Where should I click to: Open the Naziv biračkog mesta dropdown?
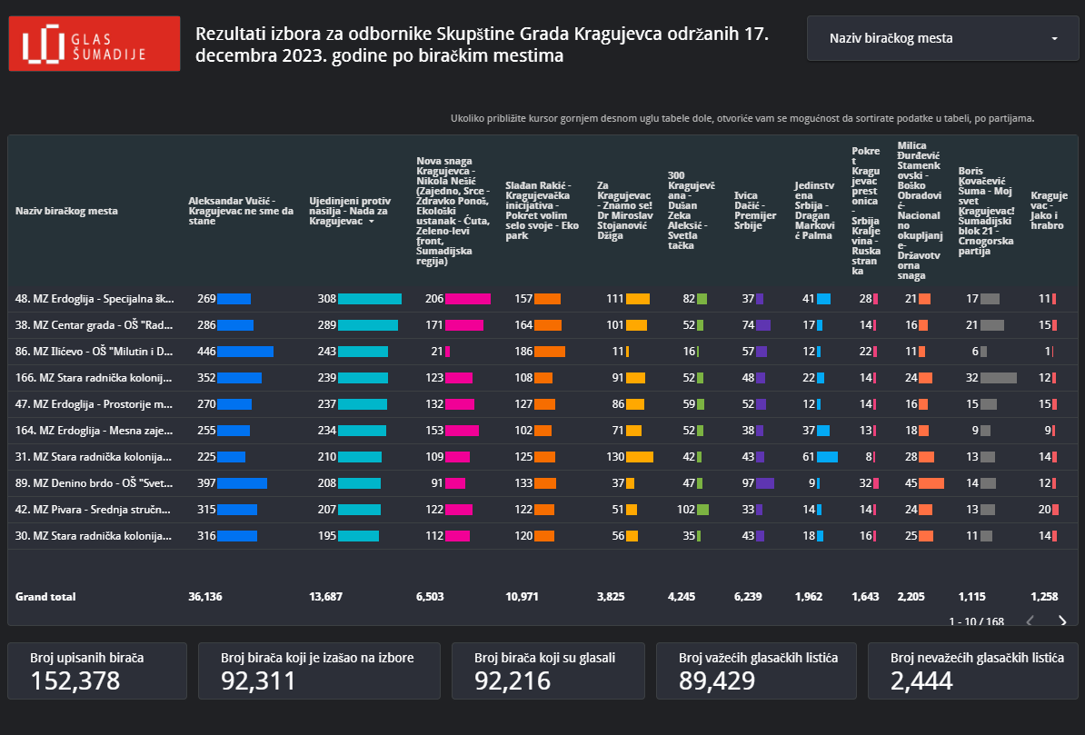coord(942,38)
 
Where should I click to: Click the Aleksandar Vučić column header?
coord(241,211)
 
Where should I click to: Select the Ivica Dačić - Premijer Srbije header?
coord(754,211)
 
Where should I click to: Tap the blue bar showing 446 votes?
coord(245,352)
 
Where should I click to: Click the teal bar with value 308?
coord(369,299)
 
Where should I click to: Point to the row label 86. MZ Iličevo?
coord(95,352)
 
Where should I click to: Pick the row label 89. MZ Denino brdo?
coord(95,483)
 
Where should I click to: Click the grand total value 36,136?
coord(204,597)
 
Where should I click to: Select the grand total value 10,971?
coord(523,597)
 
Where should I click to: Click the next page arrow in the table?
coord(1062,621)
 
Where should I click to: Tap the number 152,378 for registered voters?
coord(75,680)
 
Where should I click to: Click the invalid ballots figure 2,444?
coord(921,680)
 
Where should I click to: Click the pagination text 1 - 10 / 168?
coord(976,621)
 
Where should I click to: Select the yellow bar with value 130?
coord(640,457)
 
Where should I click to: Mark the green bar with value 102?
coord(702,510)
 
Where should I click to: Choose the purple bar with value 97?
coord(764,483)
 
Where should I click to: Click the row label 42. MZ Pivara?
coord(95,510)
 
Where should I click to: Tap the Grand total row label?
coord(45,597)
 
